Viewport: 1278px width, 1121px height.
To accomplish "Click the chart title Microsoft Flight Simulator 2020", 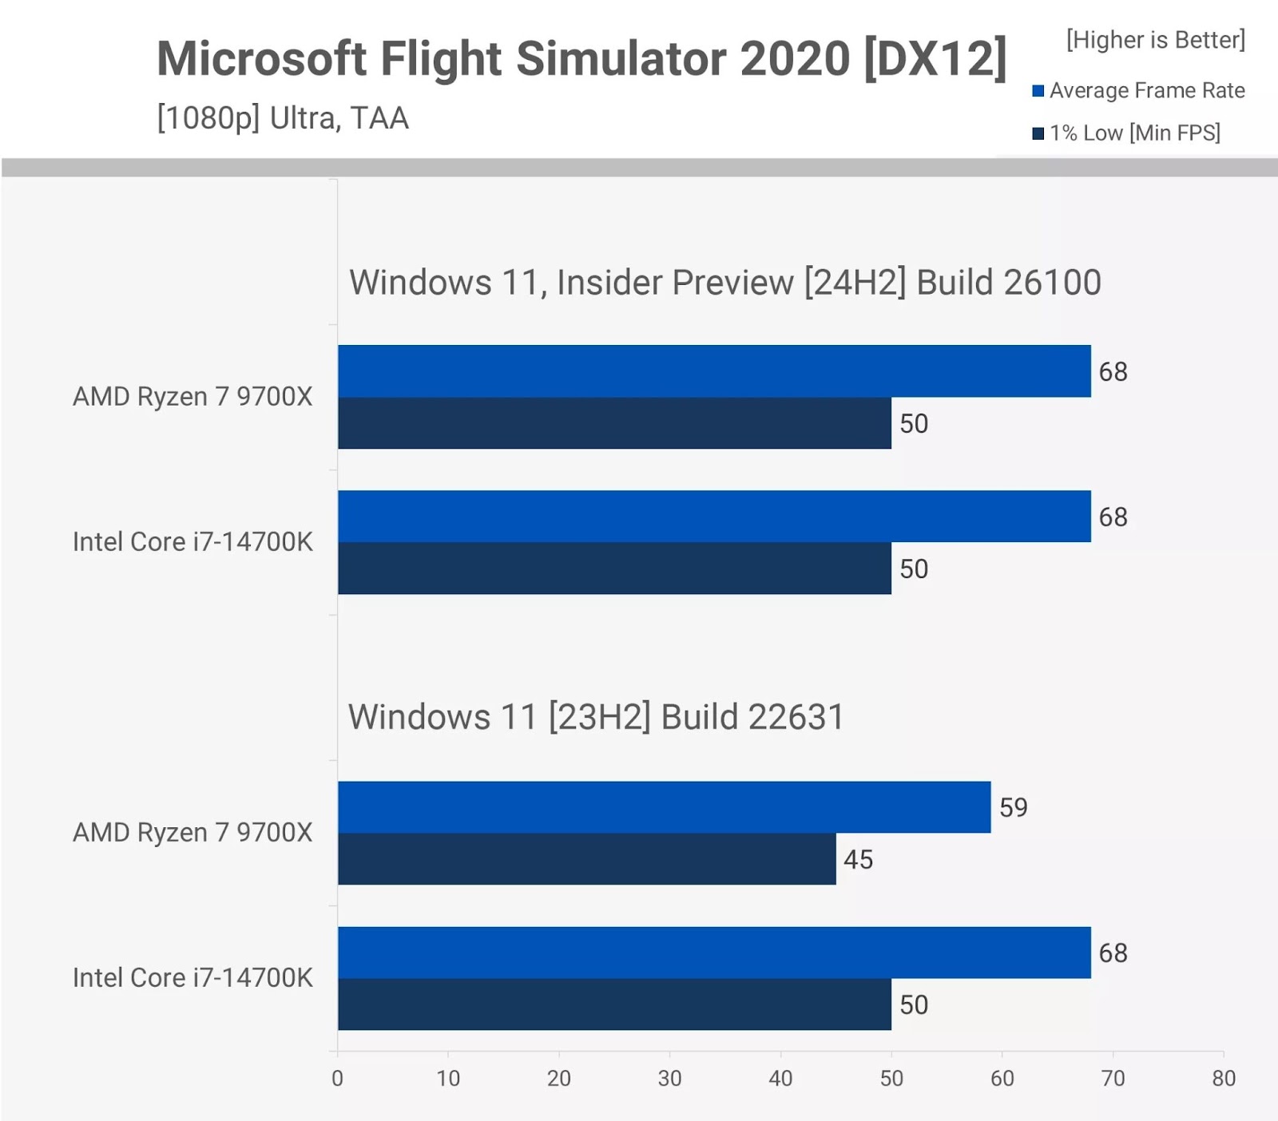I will click(581, 58).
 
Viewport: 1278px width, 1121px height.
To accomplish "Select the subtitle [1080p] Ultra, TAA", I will click(283, 118).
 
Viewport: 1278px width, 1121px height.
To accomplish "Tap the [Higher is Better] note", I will click(1155, 39).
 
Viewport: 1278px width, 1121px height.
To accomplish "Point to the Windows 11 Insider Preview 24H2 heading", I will click(724, 283).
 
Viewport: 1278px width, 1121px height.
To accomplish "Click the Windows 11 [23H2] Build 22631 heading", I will click(596, 717).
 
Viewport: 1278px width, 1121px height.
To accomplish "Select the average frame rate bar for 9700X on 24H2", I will click(714, 371).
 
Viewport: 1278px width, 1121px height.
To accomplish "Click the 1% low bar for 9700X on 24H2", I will click(614, 423).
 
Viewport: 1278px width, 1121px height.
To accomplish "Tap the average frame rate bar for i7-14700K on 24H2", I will click(714, 517).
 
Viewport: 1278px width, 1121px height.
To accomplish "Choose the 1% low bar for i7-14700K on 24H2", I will click(614, 568).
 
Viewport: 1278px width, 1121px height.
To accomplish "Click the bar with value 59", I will click(664, 807).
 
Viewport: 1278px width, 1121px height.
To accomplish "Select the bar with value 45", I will click(586, 859).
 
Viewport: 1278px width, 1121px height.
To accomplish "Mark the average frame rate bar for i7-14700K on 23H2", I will click(714, 953).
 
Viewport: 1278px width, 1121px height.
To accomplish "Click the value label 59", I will click(1014, 807).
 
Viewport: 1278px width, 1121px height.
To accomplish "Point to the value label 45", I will click(859, 859).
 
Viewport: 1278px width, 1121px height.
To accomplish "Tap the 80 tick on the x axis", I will click(1224, 1078).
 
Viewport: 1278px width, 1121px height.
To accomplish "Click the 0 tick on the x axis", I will click(337, 1078).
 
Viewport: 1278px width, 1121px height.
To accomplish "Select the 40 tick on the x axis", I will click(780, 1078).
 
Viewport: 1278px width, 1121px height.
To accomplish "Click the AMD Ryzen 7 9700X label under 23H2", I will click(192, 833).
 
